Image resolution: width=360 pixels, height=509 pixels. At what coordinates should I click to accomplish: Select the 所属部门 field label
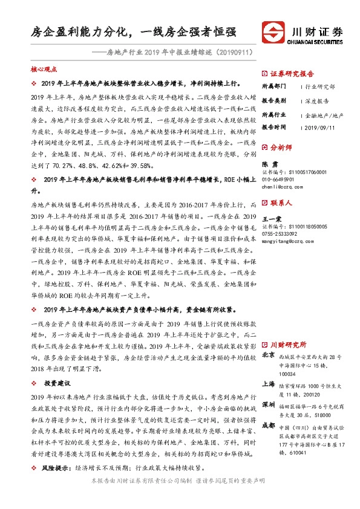(x=273, y=87)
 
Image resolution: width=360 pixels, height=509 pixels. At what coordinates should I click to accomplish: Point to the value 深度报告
(x=318, y=101)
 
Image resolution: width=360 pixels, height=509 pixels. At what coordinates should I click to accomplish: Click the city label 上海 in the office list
(x=269, y=383)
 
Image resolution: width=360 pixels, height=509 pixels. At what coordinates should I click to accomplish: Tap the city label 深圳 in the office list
(x=269, y=403)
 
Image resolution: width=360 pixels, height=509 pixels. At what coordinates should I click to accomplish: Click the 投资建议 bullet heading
(x=57, y=383)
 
